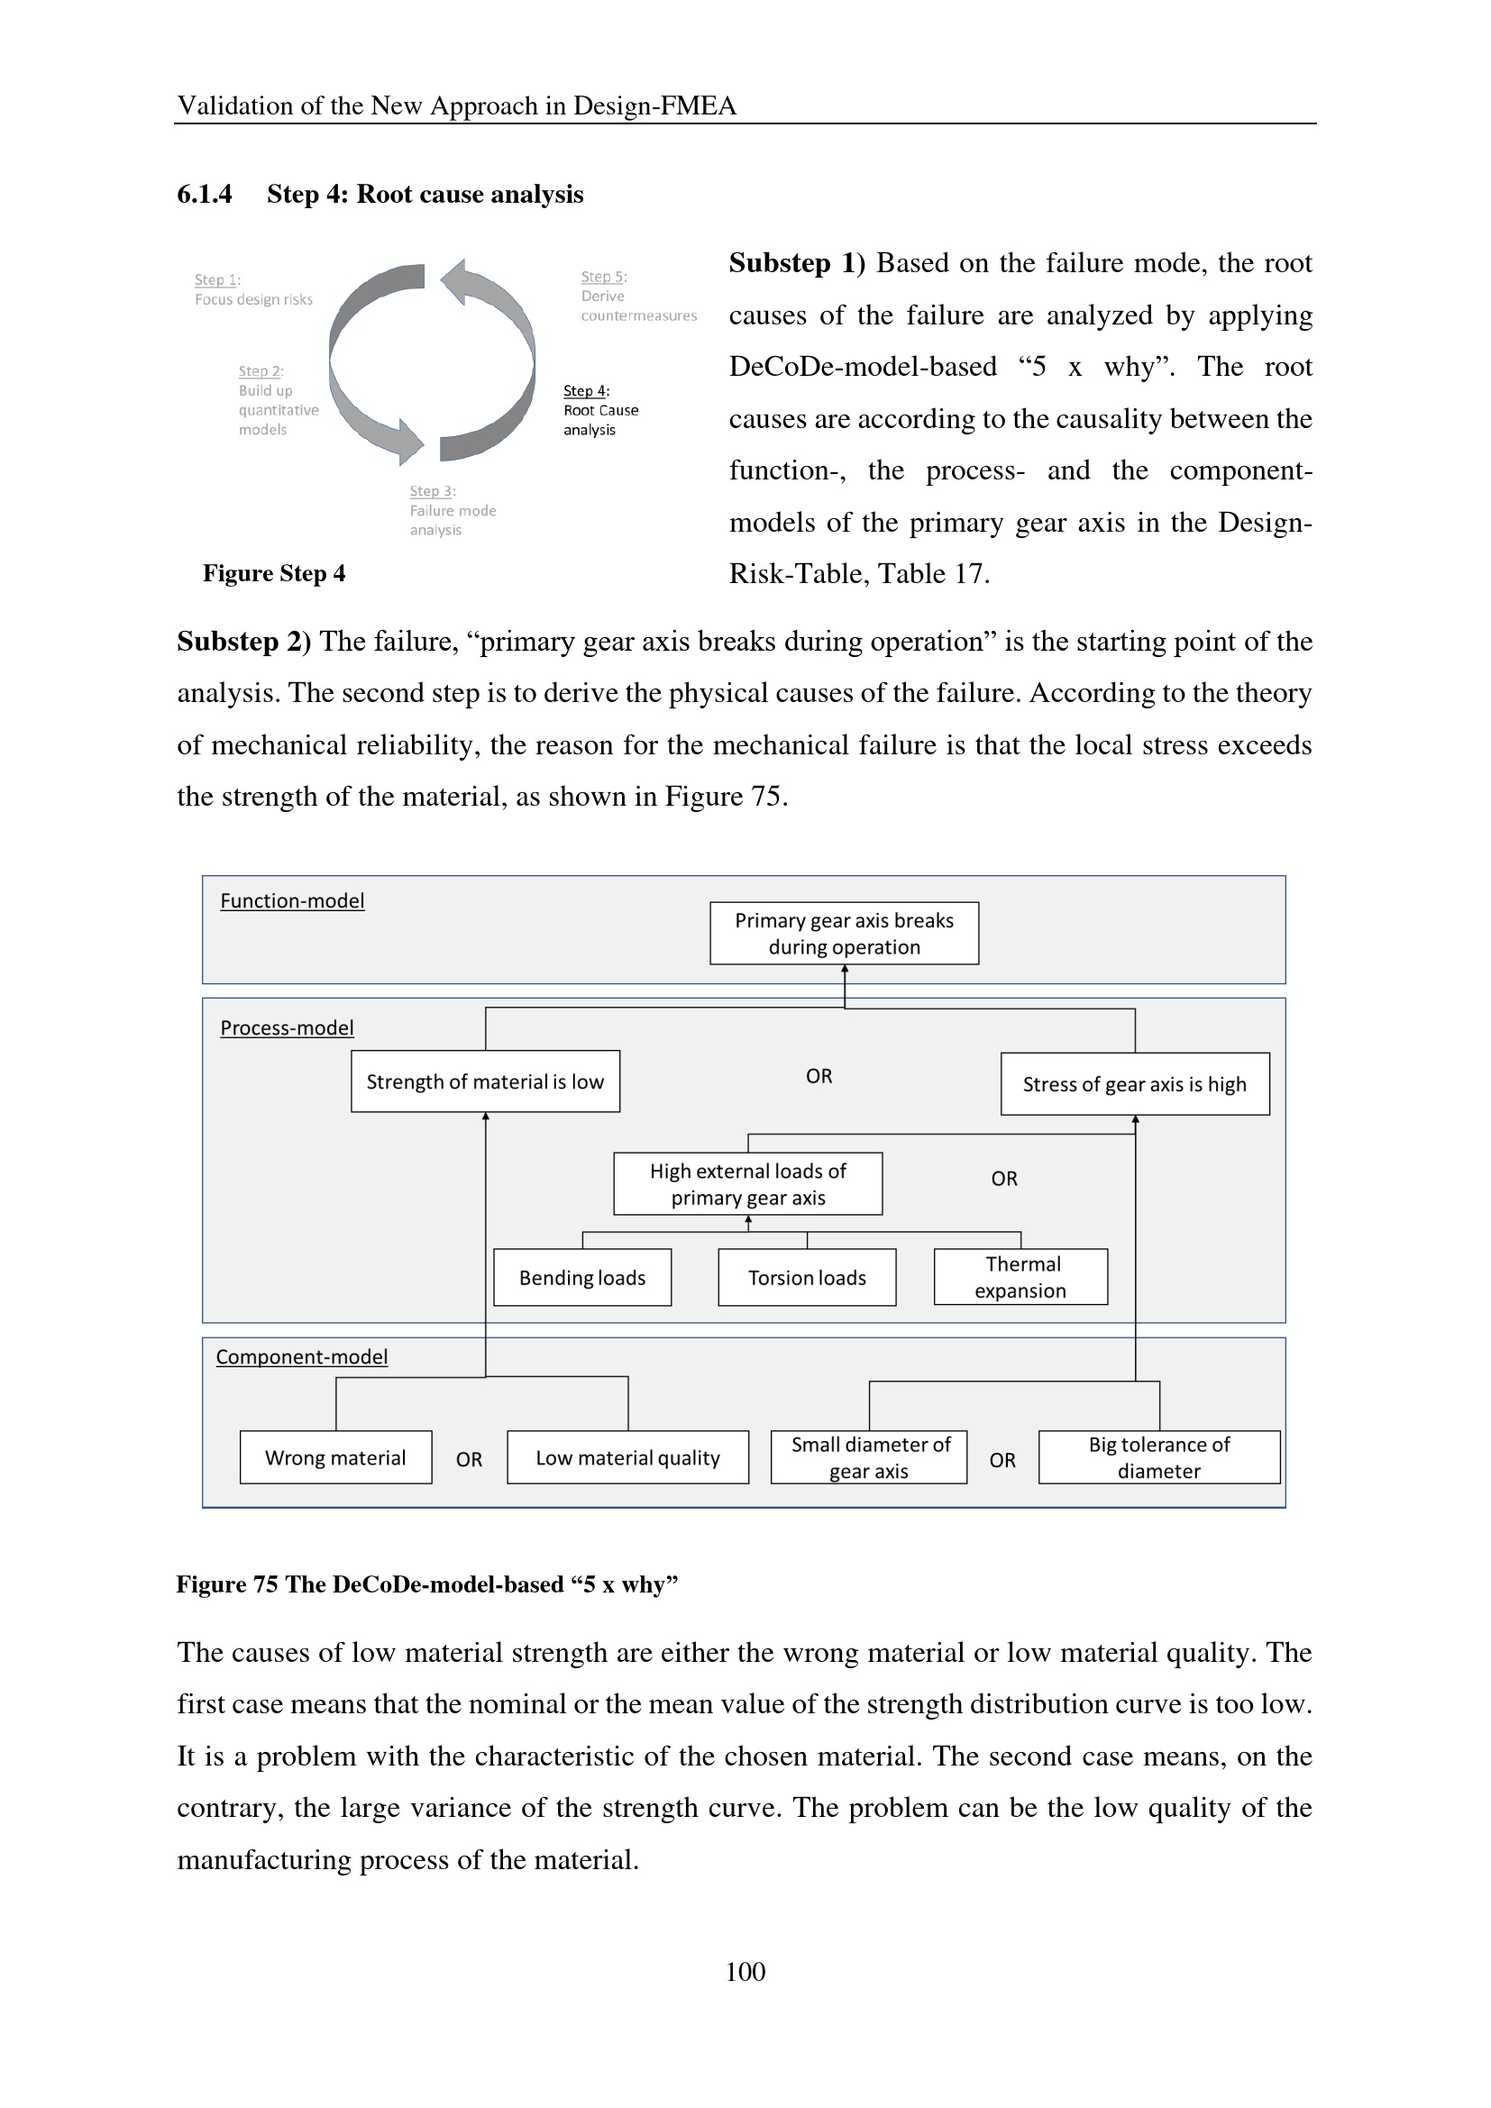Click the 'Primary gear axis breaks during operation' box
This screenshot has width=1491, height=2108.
pyautogui.click(x=844, y=933)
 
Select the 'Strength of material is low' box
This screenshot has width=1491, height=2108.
pyautogui.click(x=485, y=1081)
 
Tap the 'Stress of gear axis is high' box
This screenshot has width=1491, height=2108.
pyautogui.click(x=1135, y=1084)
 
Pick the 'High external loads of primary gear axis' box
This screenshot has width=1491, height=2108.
pyautogui.click(x=747, y=1184)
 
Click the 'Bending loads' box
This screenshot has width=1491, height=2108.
pyautogui.click(x=582, y=1277)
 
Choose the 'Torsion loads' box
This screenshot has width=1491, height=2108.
pyautogui.click(x=807, y=1277)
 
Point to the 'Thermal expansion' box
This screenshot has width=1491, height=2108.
pyautogui.click(x=1021, y=1277)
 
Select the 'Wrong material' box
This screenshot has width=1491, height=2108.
pyautogui.click(x=335, y=1457)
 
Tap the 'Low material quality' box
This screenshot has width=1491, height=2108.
pyautogui.click(x=628, y=1457)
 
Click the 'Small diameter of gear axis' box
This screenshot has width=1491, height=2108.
pyautogui.click(x=868, y=1457)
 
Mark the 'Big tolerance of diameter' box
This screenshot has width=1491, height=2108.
pyautogui.click(x=1158, y=1457)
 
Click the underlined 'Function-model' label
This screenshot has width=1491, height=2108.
pyautogui.click(x=292, y=900)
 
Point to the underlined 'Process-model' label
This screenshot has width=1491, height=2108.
pyautogui.click(x=287, y=1027)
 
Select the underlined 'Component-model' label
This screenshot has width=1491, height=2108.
pyautogui.click(x=301, y=1356)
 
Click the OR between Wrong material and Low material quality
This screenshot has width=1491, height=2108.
pyautogui.click(x=469, y=1459)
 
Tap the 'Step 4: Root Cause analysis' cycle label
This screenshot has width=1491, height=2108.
pyautogui.click(x=600, y=410)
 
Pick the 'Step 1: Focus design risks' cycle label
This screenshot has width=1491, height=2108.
pyautogui.click(x=253, y=289)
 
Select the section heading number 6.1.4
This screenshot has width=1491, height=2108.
pyautogui.click(x=204, y=194)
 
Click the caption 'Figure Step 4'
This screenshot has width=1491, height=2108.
pyautogui.click(x=274, y=573)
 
